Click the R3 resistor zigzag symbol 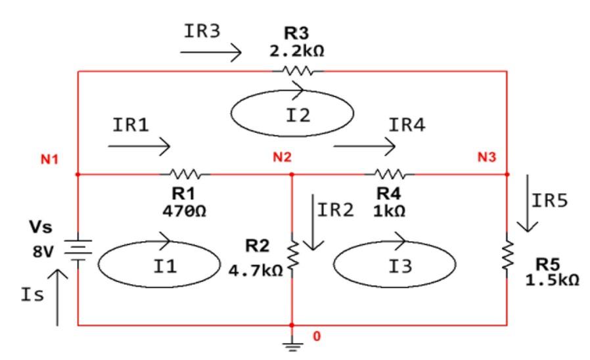coord(302,70)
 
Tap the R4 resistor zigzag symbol coord(393,175)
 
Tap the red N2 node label coord(283,158)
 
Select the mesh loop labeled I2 coord(292,114)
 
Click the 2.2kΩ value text coord(297,51)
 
